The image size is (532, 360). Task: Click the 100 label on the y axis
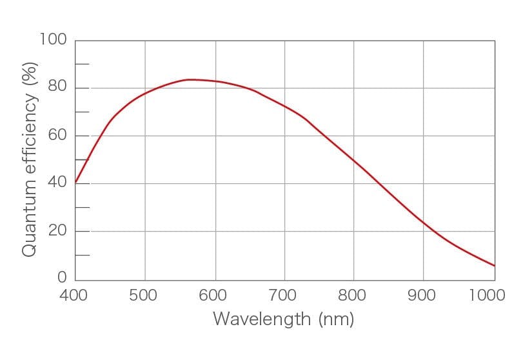(53, 40)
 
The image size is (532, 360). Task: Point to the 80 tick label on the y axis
(57, 88)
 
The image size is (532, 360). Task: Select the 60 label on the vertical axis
(57, 135)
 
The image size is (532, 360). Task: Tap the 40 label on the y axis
(57, 183)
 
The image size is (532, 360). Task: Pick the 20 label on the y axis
(57, 231)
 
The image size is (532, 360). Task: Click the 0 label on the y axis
(62, 278)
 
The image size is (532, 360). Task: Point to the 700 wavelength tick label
(283, 295)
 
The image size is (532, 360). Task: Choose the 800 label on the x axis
(353, 295)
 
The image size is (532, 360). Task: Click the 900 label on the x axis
(423, 295)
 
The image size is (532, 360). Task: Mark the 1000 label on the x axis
(487, 295)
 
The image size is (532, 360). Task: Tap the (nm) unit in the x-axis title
(336, 319)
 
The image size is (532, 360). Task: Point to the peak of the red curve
(188, 79)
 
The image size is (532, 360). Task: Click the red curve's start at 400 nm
(76, 182)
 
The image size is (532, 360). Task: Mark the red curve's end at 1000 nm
(495, 265)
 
